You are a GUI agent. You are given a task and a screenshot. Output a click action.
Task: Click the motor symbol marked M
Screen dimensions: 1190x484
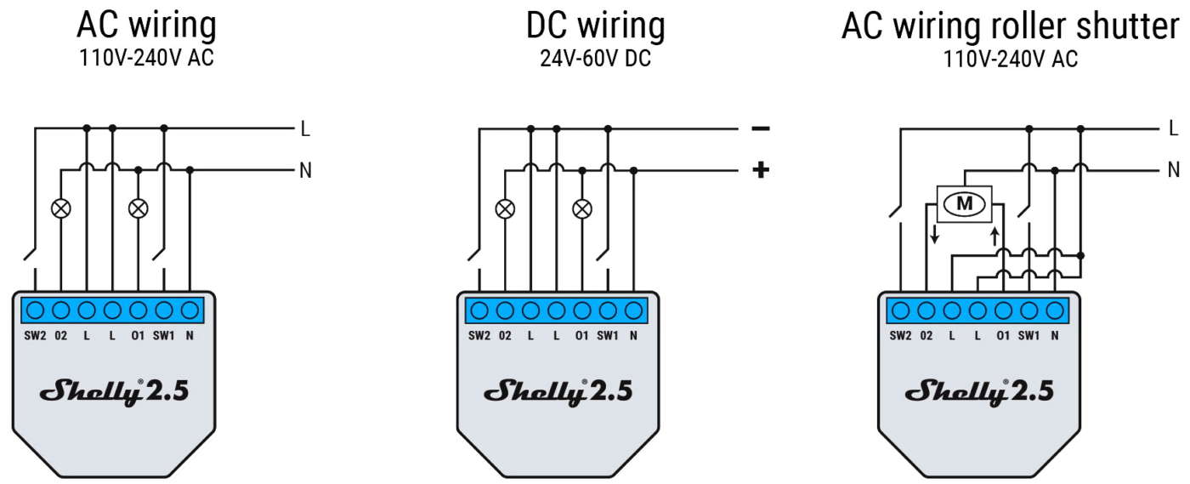coord(964,203)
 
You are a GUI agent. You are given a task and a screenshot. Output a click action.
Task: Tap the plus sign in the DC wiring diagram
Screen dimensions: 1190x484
coord(761,170)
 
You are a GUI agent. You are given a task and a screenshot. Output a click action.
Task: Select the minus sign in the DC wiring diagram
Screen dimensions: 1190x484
coord(761,128)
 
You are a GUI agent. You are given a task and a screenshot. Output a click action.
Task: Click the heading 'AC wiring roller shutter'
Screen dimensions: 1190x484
coord(1011,26)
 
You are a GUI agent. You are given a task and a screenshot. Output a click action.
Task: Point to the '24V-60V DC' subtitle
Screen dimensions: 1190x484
coord(596,59)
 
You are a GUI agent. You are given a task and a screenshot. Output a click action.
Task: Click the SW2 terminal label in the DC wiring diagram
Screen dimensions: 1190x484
coord(479,336)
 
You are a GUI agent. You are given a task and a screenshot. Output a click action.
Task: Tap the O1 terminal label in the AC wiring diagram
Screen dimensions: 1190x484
coord(138,336)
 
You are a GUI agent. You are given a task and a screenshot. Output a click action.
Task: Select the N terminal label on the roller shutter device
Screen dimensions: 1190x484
coord(1055,336)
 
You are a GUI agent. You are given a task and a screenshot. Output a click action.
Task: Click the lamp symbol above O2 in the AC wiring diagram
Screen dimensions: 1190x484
coord(61,208)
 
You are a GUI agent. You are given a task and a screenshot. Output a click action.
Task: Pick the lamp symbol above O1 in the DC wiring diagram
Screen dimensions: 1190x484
coord(582,209)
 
